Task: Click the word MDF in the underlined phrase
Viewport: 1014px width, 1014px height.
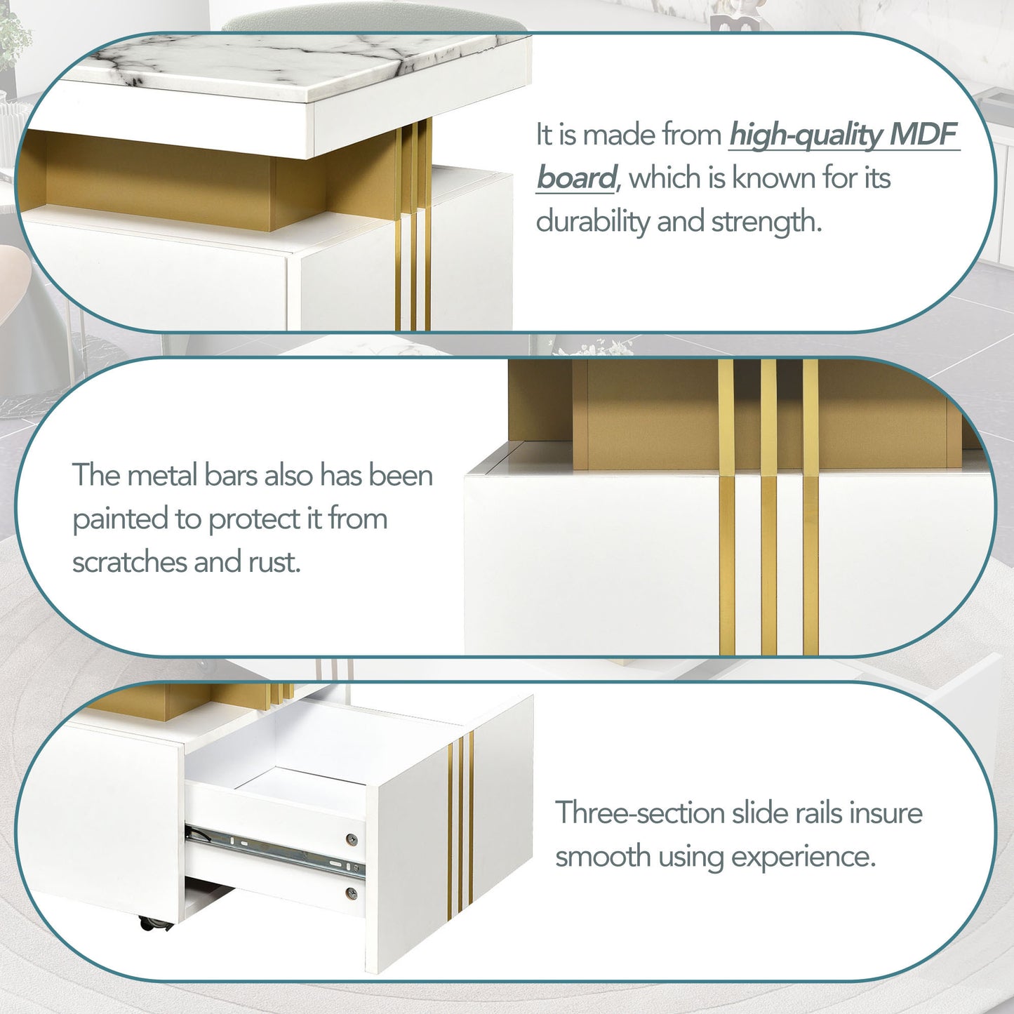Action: pos(923,134)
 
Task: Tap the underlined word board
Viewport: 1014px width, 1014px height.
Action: pos(576,178)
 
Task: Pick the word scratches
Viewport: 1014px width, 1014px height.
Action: pos(129,562)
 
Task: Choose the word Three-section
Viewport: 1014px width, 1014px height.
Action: pos(639,813)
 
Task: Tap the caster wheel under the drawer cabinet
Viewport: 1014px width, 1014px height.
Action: pos(155,923)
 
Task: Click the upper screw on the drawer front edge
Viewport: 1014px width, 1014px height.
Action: pos(351,839)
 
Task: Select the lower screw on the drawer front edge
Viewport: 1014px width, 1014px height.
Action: pos(351,893)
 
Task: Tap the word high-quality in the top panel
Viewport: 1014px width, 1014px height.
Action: pos(806,134)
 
